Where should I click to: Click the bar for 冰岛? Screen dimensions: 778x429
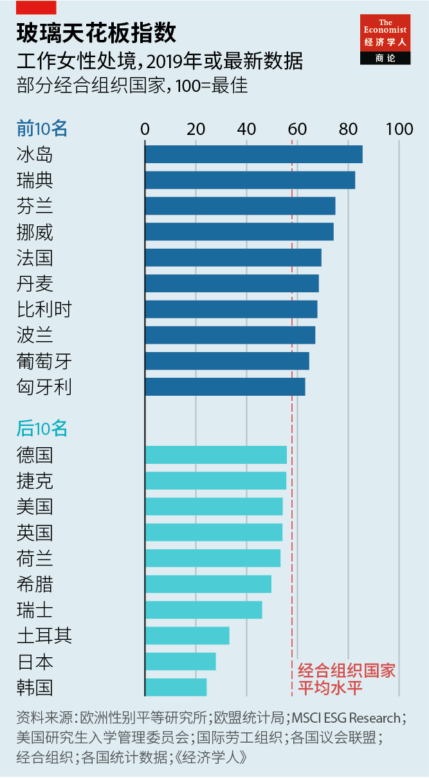pyautogui.click(x=253, y=154)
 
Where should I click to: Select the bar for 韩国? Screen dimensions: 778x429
pyautogui.click(x=176, y=687)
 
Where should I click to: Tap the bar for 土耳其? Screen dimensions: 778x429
pyautogui.click(x=187, y=635)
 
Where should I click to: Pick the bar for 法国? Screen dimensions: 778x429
pyautogui.click(x=233, y=257)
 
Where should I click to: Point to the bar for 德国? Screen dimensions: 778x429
pyautogui.click(x=215, y=455)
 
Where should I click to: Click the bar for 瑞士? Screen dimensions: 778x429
pyautogui.click(x=203, y=610)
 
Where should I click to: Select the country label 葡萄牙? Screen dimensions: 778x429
pyautogui.click(x=44, y=361)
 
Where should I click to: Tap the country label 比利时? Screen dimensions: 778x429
pyautogui.click(x=44, y=310)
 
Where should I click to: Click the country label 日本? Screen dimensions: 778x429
pyautogui.click(x=35, y=662)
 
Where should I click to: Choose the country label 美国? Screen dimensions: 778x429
pyautogui.click(x=35, y=507)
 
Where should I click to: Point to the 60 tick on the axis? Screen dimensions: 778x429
pyautogui.click(x=297, y=129)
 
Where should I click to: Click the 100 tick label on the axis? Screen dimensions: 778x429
pyautogui.click(x=399, y=129)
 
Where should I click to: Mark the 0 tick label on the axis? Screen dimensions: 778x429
pyautogui.click(x=145, y=129)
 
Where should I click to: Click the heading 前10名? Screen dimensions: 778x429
pyautogui.click(x=42, y=128)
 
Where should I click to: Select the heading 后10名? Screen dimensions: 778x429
pyautogui.click(x=42, y=428)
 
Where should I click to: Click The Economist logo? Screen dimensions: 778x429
pyautogui.click(x=385, y=39)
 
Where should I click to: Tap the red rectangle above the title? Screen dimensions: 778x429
pyautogui.click(x=36, y=8)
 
